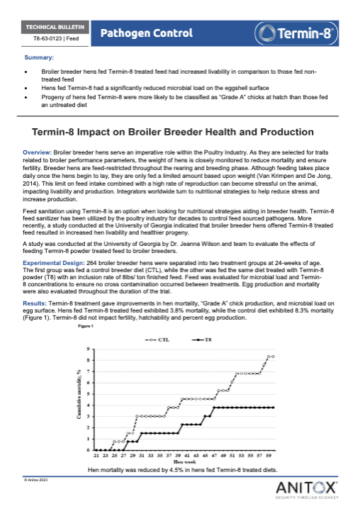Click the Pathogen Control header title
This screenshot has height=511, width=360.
(x=147, y=33)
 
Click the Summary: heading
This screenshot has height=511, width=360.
(x=38, y=57)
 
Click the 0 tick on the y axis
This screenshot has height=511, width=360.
(x=88, y=450)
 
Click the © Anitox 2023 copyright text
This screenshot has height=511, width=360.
(x=35, y=480)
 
